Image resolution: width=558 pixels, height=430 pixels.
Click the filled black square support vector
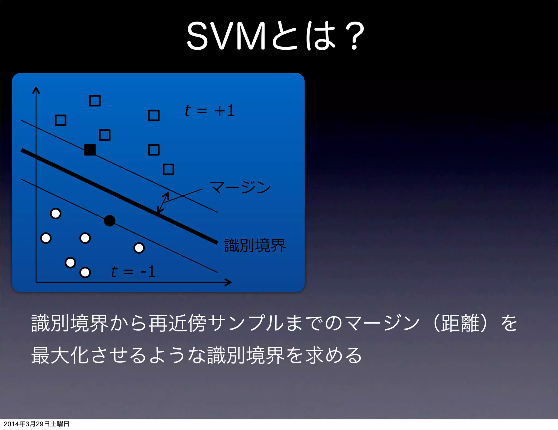(x=90, y=150)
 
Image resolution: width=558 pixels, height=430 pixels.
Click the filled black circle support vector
(x=110, y=220)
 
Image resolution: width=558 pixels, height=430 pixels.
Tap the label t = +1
(x=209, y=111)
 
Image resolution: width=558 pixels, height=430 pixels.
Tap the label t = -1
(x=133, y=272)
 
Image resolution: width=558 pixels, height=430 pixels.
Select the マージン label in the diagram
(x=240, y=187)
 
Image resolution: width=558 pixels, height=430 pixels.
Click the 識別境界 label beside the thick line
(x=255, y=245)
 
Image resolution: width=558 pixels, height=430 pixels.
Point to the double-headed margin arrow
(x=163, y=202)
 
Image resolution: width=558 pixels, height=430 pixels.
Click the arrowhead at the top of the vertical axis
(x=36, y=89)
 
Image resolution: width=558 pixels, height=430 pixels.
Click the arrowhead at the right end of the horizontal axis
(x=228, y=282)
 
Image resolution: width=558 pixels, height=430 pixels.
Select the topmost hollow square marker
(x=95, y=101)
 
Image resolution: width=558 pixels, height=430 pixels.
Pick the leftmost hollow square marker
(x=60, y=120)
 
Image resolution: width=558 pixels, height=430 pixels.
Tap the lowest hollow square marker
(x=168, y=169)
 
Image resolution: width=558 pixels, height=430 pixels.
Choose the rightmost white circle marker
(x=139, y=248)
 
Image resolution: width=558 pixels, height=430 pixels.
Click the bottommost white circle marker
(x=85, y=272)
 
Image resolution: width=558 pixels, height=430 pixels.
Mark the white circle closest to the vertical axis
(x=46, y=238)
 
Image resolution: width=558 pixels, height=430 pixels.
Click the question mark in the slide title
(x=354, y=36)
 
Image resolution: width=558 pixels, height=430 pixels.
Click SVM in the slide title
(x=226, y=36)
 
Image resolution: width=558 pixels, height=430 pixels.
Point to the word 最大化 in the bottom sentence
(x=60, y=355)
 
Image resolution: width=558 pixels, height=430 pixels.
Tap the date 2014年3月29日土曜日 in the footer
(x=37, y=424)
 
